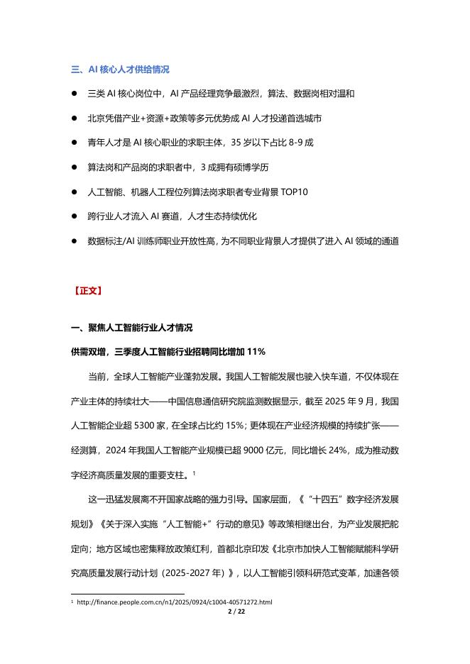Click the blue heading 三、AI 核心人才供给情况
pos(120,70)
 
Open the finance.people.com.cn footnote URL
pos(174,602)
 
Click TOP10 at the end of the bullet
pos(294,192)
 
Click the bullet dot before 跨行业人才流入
pos(74,216)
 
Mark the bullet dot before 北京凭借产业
pos(74,118)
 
